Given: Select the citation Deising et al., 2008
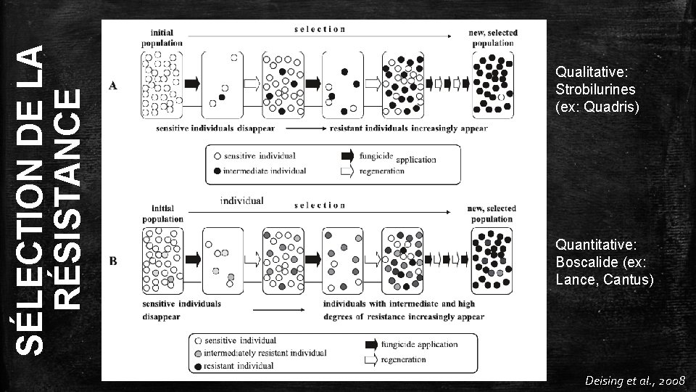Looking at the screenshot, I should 631,380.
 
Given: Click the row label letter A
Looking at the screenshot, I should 113,86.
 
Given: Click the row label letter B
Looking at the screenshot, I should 113,260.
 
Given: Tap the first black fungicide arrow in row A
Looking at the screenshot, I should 192,83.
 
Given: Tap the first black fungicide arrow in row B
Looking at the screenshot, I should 192,258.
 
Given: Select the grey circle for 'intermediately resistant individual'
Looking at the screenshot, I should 197,353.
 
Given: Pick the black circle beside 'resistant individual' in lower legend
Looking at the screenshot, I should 197,365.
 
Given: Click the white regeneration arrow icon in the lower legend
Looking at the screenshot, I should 370,359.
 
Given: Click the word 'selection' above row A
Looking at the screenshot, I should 320,29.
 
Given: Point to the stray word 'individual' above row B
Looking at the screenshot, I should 241,200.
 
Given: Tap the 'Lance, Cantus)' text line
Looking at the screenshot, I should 604,279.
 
